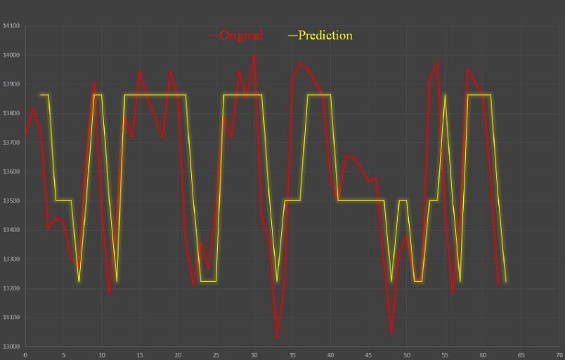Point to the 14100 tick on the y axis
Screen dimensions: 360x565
(x=11, y=26)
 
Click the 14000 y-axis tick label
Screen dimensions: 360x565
(x=11, y=55)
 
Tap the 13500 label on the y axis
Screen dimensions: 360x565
(x=11, y=201)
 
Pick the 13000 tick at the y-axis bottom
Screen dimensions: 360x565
(x=11, y=347)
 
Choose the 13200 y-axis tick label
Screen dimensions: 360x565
(x=11, y=288)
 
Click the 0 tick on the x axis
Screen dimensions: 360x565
(x=25, y=354)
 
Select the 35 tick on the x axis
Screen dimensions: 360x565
(x=292, y=354)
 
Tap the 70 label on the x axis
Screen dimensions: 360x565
(x=559, y=354)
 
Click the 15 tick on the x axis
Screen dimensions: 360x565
(x=140, y=354)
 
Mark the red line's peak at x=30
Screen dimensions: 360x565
(x=254, y=55)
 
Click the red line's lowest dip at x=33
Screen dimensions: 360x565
(x=277, y=338)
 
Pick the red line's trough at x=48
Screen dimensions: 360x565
(x=391, y=335)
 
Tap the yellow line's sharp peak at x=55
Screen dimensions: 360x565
(x=445, y=95)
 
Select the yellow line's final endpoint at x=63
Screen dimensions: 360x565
(x=506, y=282)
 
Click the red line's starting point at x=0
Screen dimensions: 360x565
(x=26, y=133)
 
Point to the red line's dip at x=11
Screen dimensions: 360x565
(x=109, y=294)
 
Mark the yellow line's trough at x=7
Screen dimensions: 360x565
(x=79, y=282)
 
